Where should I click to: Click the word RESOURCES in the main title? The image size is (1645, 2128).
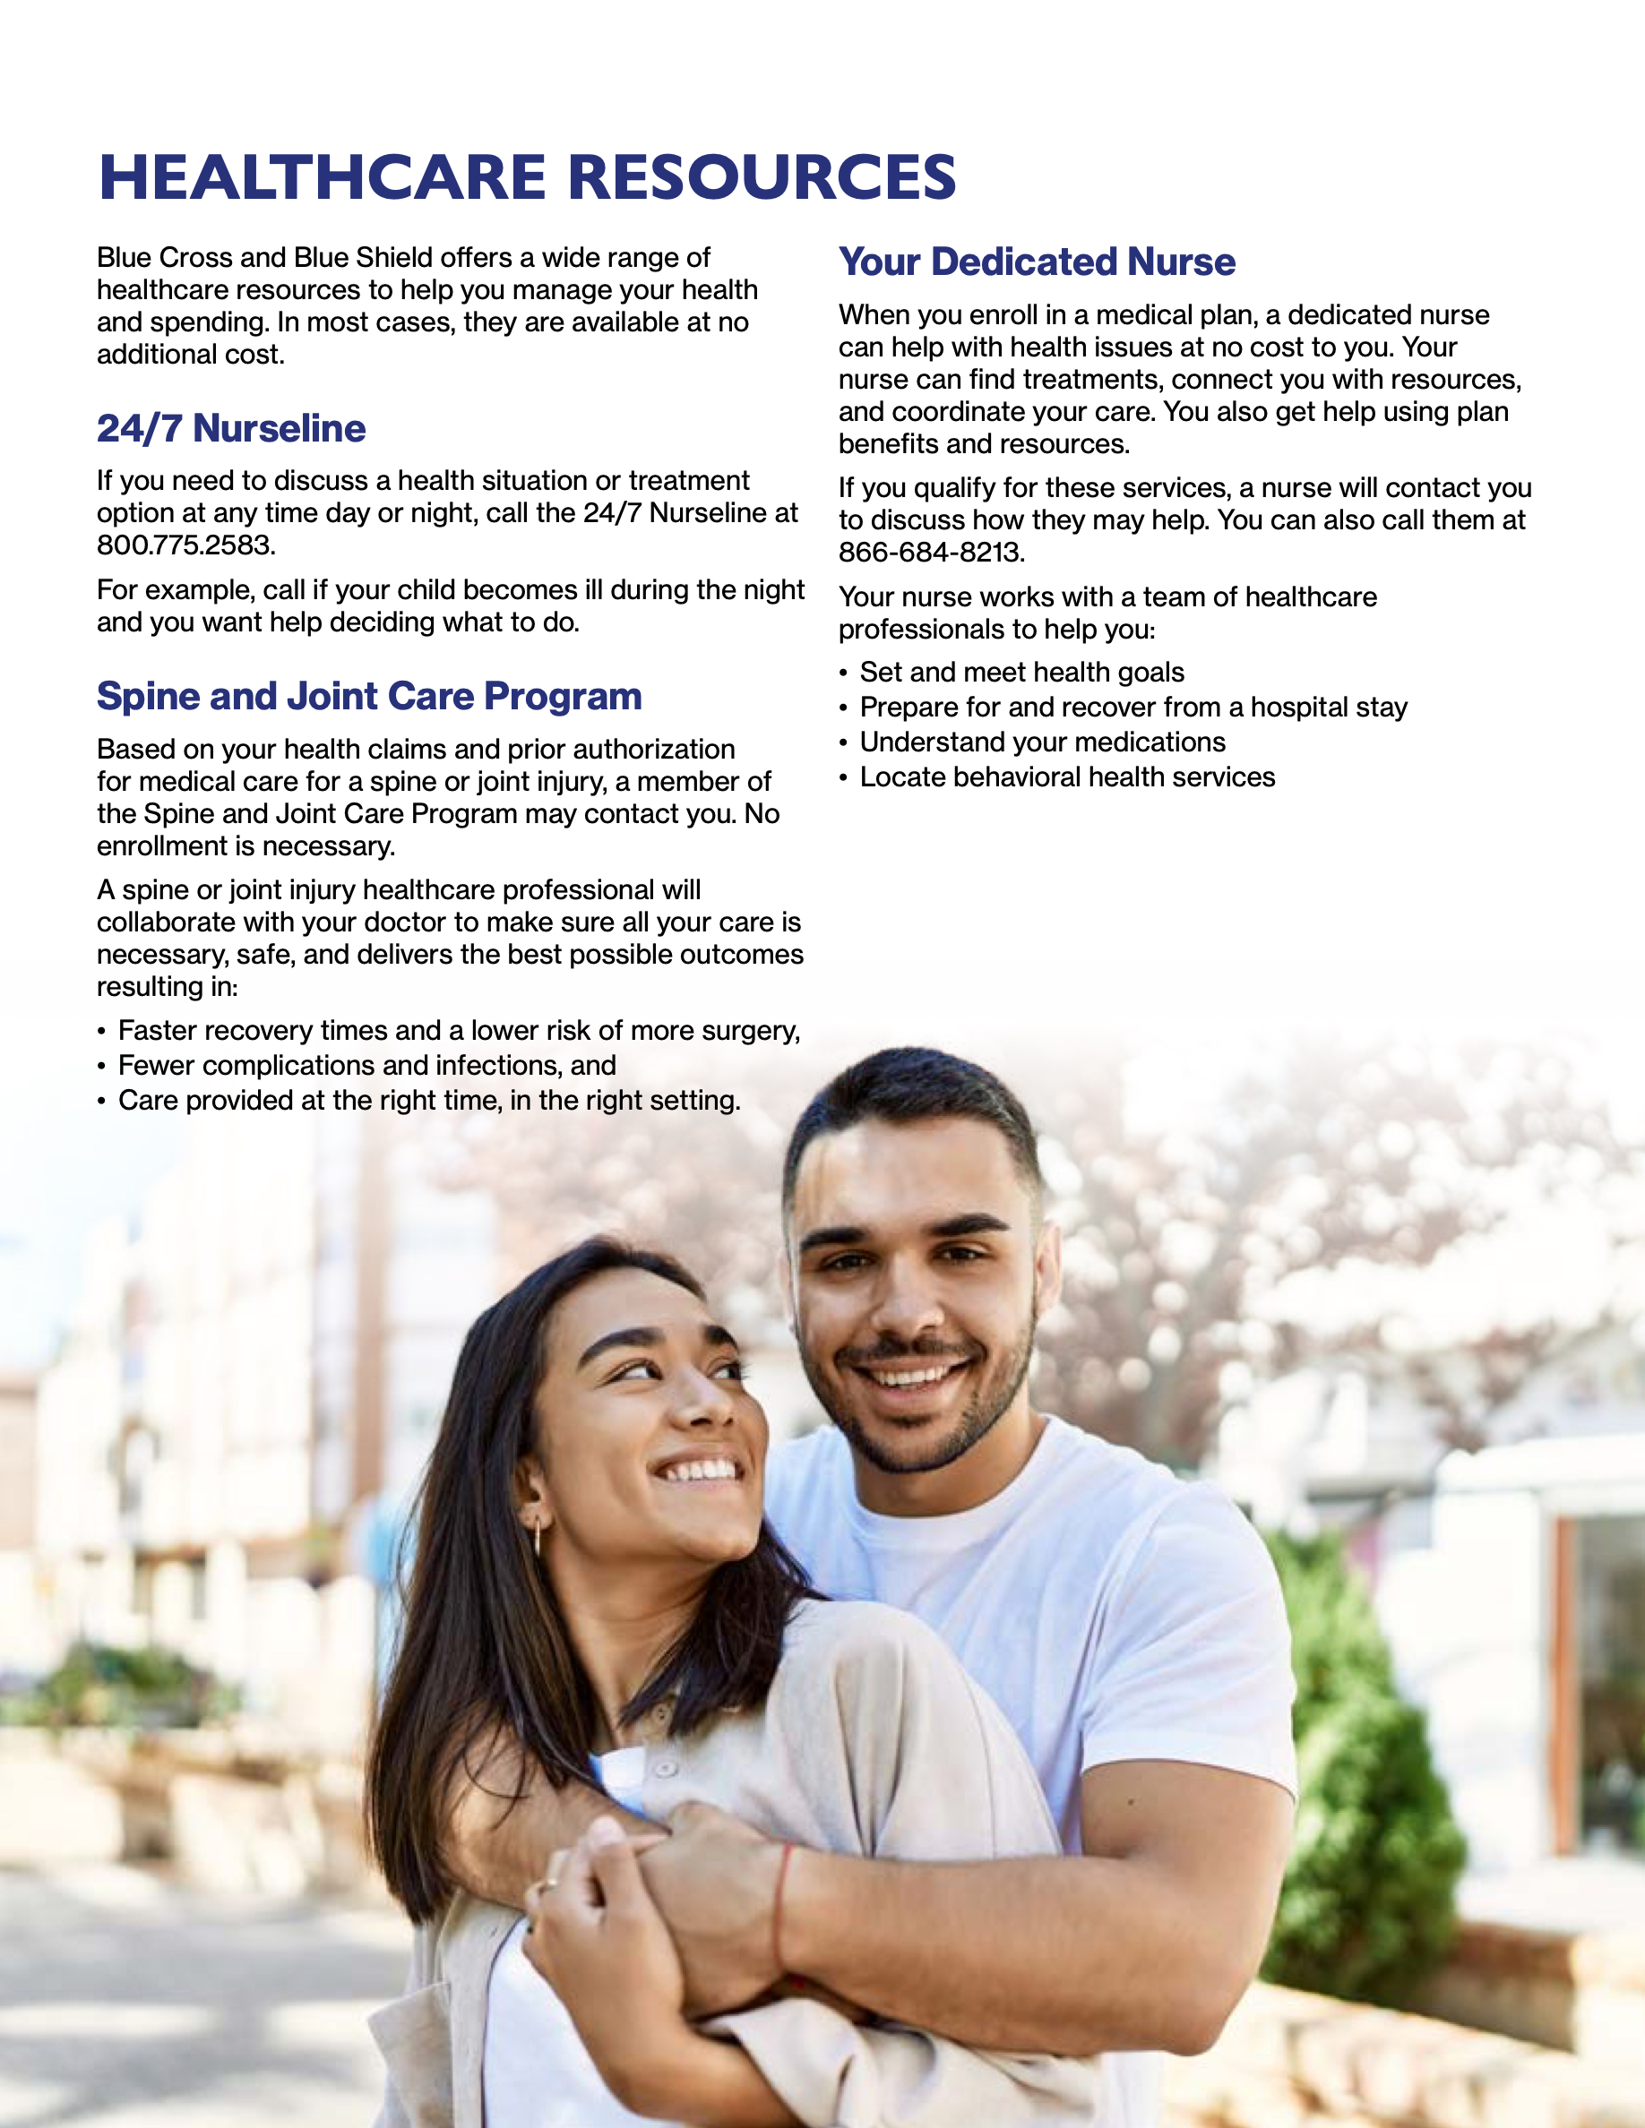[x=761, y=177]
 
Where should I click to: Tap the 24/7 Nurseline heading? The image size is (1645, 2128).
[x=231, y=429]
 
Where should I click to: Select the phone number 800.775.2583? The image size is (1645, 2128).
[x=185, y=545]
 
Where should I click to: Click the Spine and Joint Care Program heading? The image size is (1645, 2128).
[x=368, y=697]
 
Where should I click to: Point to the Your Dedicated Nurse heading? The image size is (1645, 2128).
[x=1037, y=262]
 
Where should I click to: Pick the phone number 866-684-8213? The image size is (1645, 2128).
[x=931, y=553]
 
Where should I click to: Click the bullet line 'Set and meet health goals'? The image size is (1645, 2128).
[x=1021, y=673]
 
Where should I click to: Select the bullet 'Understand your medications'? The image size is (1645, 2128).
[x=1042, y=742]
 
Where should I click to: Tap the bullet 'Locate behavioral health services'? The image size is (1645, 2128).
[x=1067, y=777]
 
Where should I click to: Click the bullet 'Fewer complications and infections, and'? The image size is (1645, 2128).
[x=366, y=1066]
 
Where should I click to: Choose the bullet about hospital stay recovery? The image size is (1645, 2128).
[x=1133, y=708]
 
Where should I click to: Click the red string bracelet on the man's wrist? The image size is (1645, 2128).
[x=780, y=1909]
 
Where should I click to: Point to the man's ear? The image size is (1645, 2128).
[x=1046, y=1266]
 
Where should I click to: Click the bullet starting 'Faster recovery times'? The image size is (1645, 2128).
[x=458, y=1031]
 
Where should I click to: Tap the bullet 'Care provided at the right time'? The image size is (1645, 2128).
[x=429, y=1101]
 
